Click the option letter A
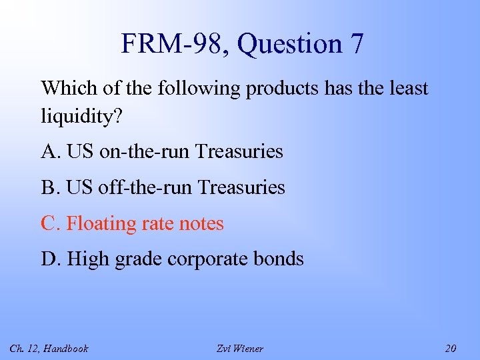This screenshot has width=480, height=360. (49, 152)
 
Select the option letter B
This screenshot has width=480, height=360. (49, 188)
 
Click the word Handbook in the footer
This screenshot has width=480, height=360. (66, 348)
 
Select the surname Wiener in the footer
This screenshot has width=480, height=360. (249, 348)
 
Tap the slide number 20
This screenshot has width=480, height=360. (450, 348)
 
